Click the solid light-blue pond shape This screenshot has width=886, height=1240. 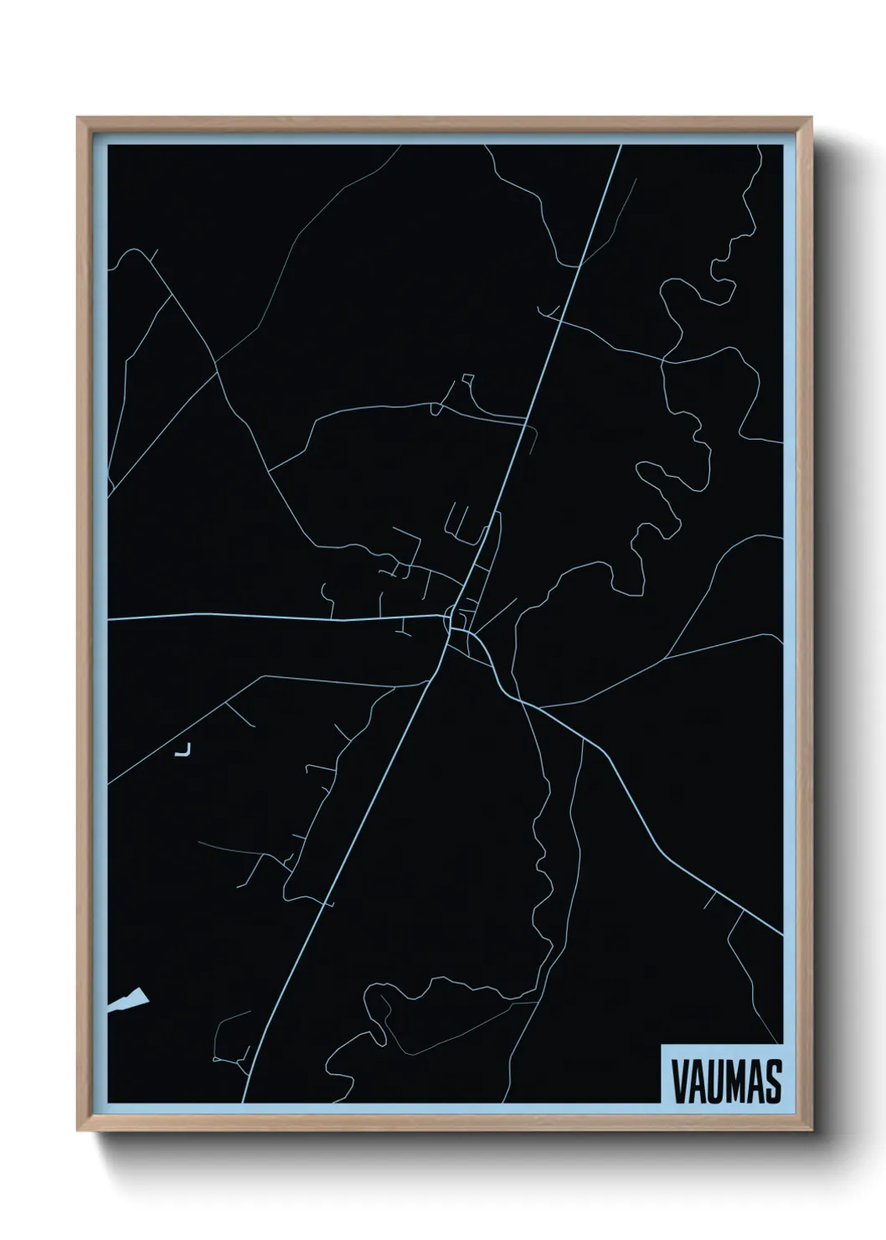pos(131,999)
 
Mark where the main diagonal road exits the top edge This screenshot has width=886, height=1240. pos(621,146)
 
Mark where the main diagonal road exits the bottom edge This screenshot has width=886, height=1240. pos(245,1101)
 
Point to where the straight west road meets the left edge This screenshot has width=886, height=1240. pos(110,620)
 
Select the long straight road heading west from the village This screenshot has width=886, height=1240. pos(276,617)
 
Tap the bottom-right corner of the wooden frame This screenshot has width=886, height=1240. pos(811,1130)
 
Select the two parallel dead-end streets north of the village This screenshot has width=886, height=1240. pos(457,519)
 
